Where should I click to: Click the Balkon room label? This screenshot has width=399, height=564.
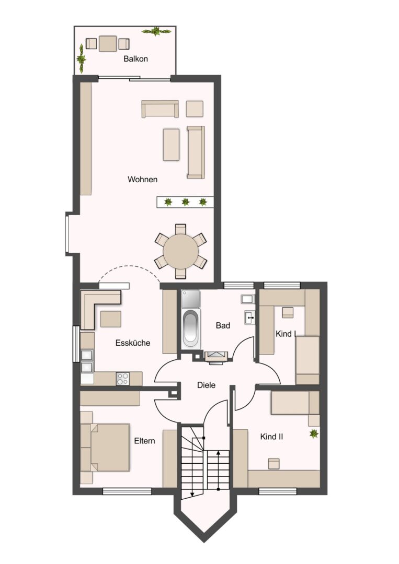point(135,58)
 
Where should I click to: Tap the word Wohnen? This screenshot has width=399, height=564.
point(143,179)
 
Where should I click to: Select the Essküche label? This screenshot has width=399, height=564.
point(133,343)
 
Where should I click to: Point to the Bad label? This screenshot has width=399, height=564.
point(223,325)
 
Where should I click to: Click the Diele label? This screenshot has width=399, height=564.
point(207,385)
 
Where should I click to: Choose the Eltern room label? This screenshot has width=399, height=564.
point(145,441)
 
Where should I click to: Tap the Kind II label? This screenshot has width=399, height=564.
point(271,437)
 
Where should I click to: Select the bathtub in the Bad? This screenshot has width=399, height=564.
point(191,328)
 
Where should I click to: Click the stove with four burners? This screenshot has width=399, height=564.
point(122,379)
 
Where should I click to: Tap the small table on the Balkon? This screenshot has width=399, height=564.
point(108,43)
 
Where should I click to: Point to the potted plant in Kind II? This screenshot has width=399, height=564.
point(314,434)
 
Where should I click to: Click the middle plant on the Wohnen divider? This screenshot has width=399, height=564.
point(186,202)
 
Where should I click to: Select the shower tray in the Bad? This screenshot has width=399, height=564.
point(191,299)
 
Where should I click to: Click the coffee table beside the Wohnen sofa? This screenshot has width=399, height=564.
point(171,145)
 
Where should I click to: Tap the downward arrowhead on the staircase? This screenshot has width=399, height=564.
point(192,494)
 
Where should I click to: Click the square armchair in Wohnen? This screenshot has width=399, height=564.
point(195,109)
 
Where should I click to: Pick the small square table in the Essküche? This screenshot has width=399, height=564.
point(110,319)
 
